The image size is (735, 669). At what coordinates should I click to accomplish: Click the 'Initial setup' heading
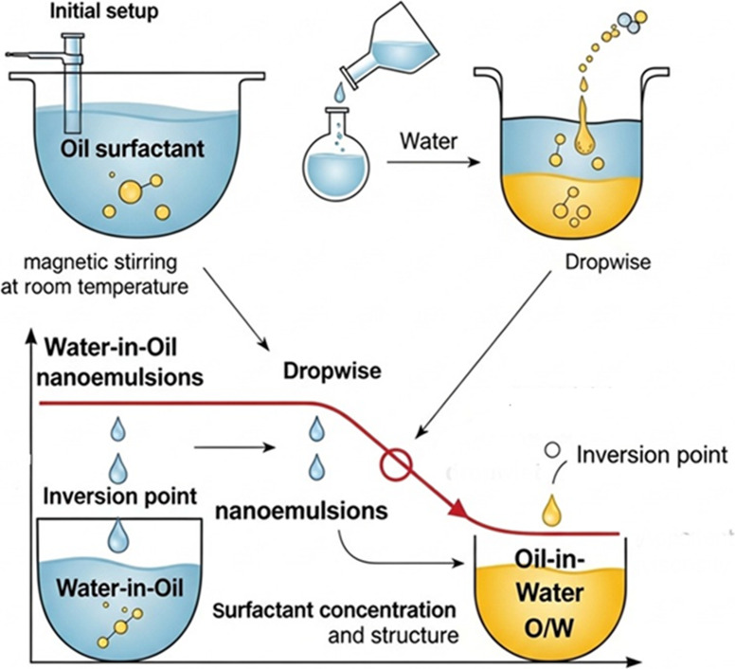pos(103,11)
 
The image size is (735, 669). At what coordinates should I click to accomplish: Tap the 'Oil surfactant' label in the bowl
pos(133,149)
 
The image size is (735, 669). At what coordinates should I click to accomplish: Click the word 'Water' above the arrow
pos(429,140)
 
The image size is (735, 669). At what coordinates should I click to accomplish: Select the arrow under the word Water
pos(434,162)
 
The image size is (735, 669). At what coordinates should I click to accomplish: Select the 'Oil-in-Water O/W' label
pos(550,593)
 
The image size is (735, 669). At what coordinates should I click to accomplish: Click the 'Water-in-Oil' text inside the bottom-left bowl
pos(119,588)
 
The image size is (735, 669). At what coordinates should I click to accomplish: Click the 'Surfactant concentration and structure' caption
pos(335,623)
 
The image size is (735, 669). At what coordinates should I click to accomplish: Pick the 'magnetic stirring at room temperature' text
pos(95,274)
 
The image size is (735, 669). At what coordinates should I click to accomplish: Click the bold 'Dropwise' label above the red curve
pos(332,371)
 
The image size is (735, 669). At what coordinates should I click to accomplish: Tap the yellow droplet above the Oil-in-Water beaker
pos(551,511)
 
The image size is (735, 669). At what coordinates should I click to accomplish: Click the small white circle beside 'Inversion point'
pos(552,450)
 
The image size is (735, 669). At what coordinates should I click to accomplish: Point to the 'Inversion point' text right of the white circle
pos(652,455)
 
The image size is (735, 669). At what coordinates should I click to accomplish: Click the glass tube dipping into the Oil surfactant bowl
pos(74,83)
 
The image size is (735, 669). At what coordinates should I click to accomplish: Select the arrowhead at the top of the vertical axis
pos(31,335)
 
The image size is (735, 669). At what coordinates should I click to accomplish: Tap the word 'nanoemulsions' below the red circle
pos(301,511)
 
